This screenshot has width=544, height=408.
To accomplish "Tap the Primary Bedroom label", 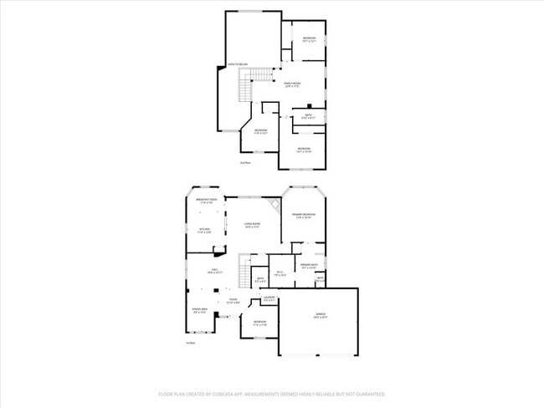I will click(302, 216).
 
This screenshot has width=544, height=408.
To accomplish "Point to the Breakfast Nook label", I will click(207, 200).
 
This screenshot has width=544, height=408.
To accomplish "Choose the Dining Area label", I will click(198, 309).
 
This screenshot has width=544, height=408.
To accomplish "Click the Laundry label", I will click(269, 298).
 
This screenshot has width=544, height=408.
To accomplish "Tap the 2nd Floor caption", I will click(245, 162).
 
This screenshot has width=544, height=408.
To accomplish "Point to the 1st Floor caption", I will click(190, 343).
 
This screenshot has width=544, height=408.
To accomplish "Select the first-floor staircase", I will click(244, 273).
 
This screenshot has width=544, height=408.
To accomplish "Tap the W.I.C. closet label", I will click(280, 273).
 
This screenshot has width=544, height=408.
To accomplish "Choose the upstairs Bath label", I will click(308, 115).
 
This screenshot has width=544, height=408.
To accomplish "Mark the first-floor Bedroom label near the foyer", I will click(260, 322).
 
